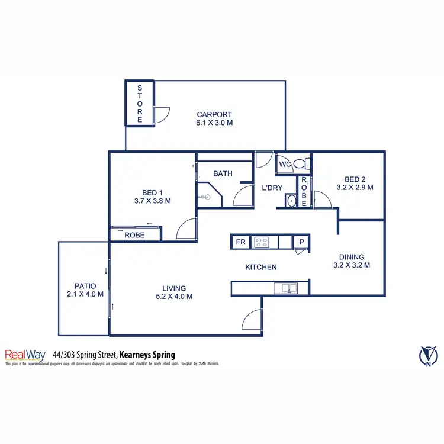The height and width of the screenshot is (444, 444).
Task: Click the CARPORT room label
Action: click(x=214, y=114)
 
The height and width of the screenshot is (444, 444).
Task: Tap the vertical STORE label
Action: click(x=140, y=104)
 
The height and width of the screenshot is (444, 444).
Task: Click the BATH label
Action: click(x=223, y=173)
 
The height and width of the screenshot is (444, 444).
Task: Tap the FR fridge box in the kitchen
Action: click(x=240, y=242)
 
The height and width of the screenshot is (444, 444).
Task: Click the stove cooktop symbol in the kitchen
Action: click(x=262, y=242)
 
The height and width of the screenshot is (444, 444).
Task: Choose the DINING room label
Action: click(x=352, y=257)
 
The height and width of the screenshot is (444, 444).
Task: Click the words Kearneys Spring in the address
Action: click(x=147, y=355)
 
